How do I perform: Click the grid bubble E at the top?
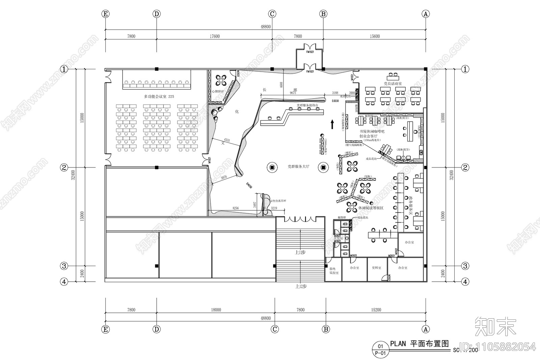(106, 14)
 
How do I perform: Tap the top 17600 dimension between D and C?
(214, 36)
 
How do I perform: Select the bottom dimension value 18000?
(216, 310)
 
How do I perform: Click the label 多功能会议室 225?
(159, 97)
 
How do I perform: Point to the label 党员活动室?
(393, 83)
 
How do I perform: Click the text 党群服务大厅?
(298, 166)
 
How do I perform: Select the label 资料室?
(376, 267)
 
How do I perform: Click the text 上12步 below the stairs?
(300, 286)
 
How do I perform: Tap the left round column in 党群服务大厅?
(272, 167)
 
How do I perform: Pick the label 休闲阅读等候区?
(371, 208)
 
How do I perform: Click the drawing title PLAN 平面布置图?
(420, 344)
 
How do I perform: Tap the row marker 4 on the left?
(64, 281)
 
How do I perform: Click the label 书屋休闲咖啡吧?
(372, 131)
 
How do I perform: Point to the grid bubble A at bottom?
(426, 329)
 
